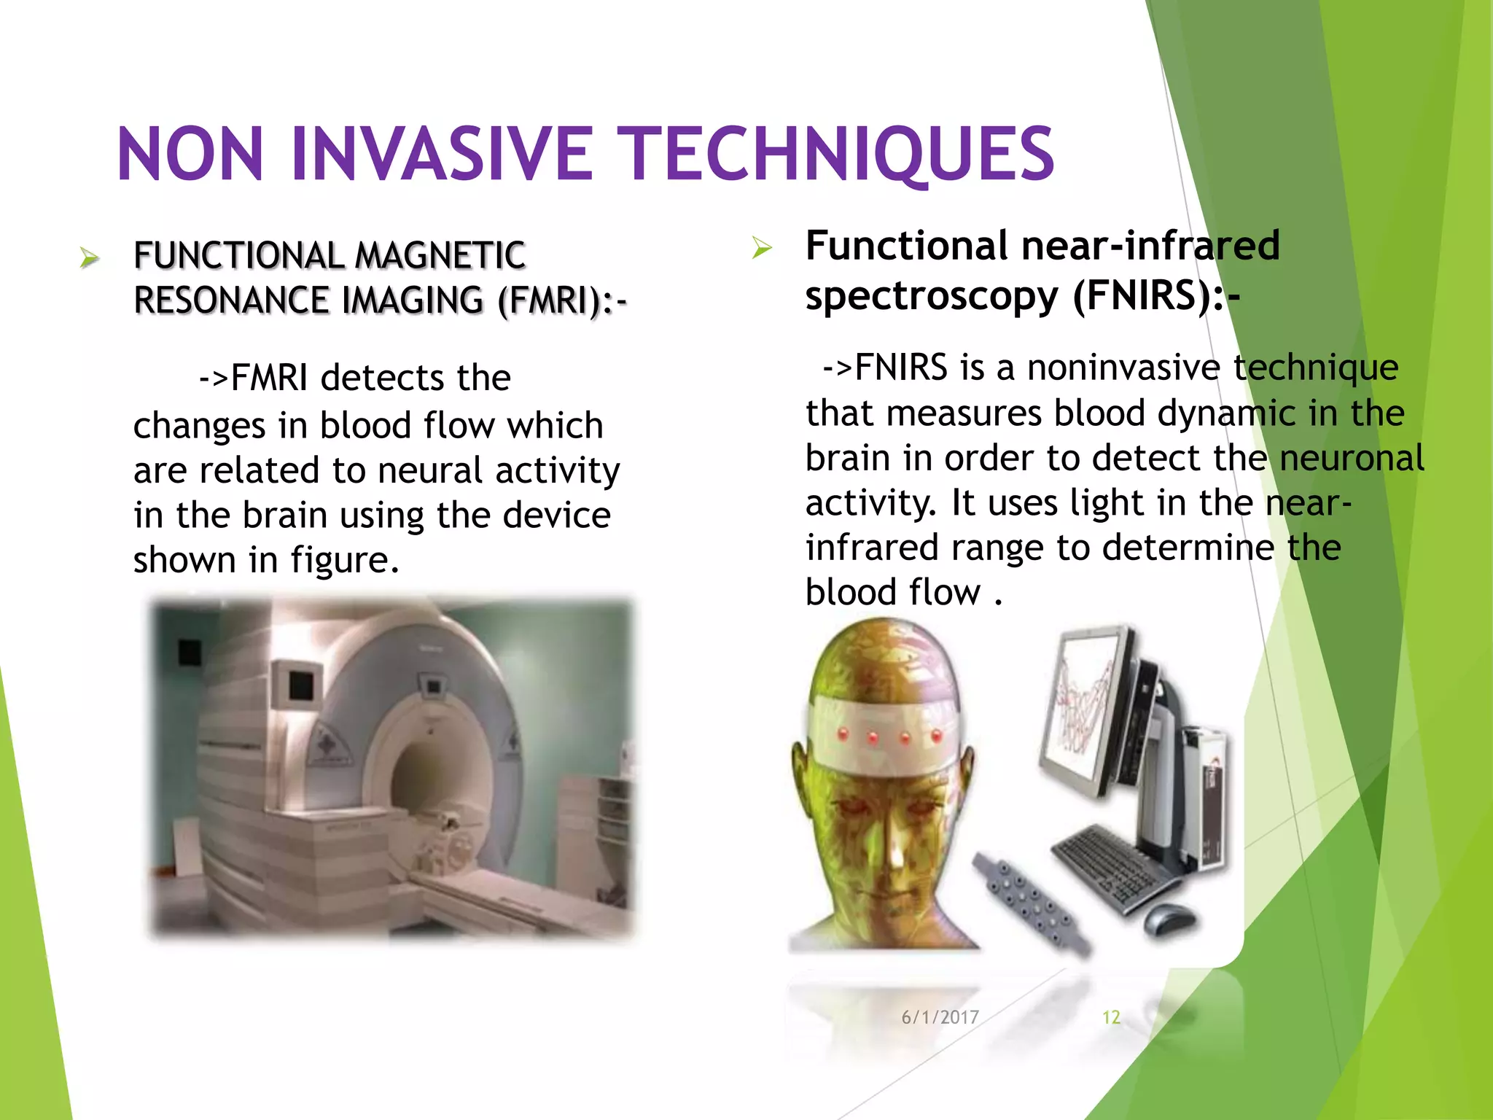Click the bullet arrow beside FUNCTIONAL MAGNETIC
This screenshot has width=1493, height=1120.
pyautogui.click(x=89, y=257)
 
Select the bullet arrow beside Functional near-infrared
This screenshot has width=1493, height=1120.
pyautogui.click(x=761, y=248)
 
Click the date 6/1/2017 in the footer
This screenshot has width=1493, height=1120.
pyautogui.click(x=940, y=1017)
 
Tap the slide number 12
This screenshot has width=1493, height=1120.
pyautogui.click(x=1110, y=1017)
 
